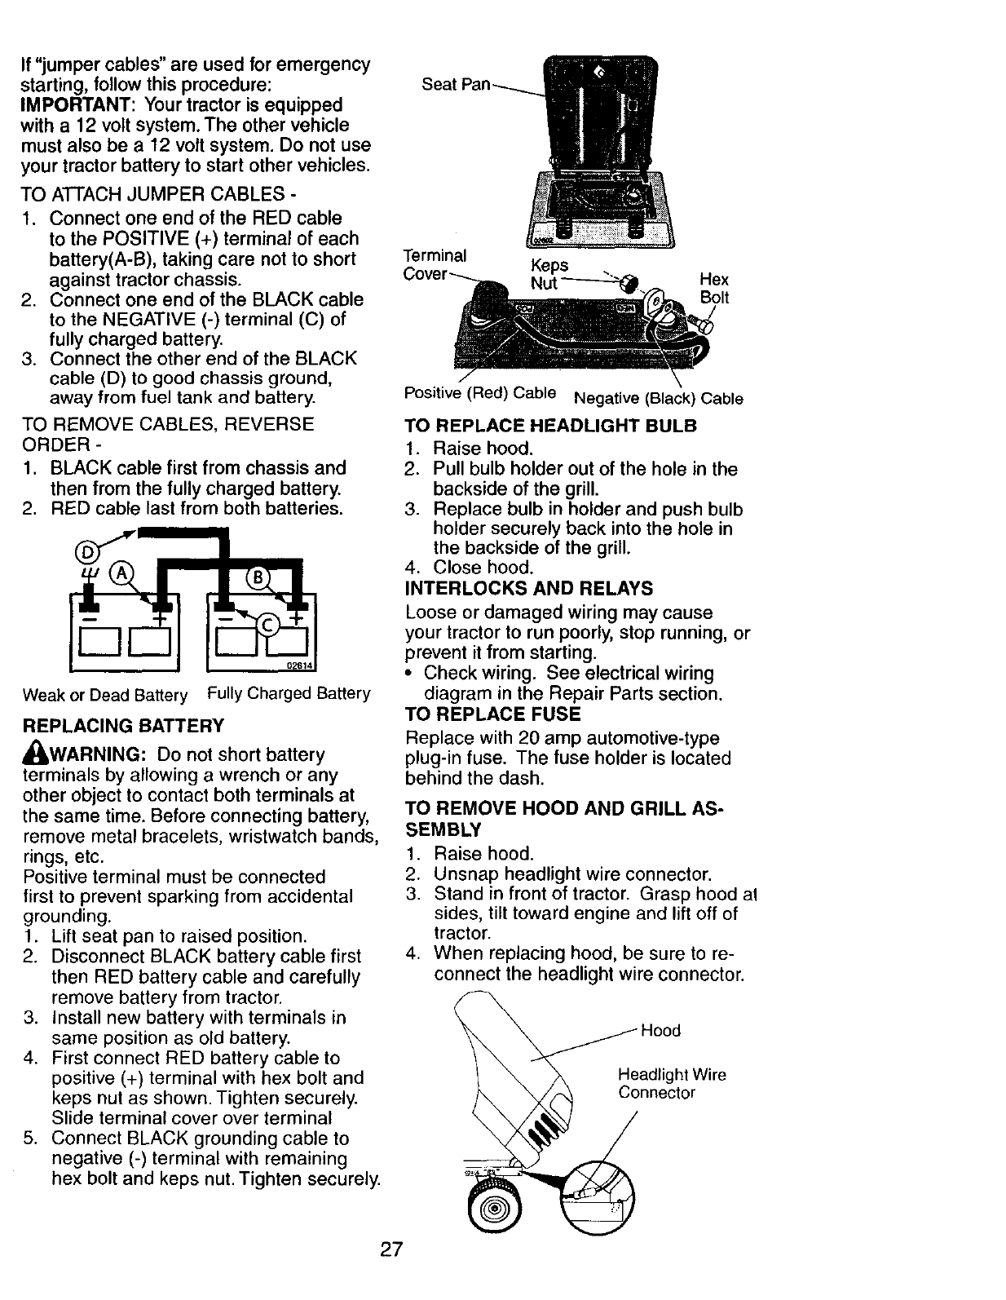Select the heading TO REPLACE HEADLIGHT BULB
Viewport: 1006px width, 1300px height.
[551, 426]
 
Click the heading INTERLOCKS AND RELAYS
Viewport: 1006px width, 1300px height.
[529, 589]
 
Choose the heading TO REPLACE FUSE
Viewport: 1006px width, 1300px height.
[492, 714]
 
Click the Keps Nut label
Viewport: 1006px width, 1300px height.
[549, 275]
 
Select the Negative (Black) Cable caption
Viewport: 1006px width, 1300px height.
[659, 399]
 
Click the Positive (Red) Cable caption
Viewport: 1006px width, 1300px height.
[480, 393]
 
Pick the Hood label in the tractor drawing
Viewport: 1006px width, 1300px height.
[660, 1030]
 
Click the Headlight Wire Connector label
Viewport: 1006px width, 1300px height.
[672, 1084]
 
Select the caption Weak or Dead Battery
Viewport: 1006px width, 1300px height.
[105, 696]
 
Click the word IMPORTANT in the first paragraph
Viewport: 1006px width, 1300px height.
[68, 105]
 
